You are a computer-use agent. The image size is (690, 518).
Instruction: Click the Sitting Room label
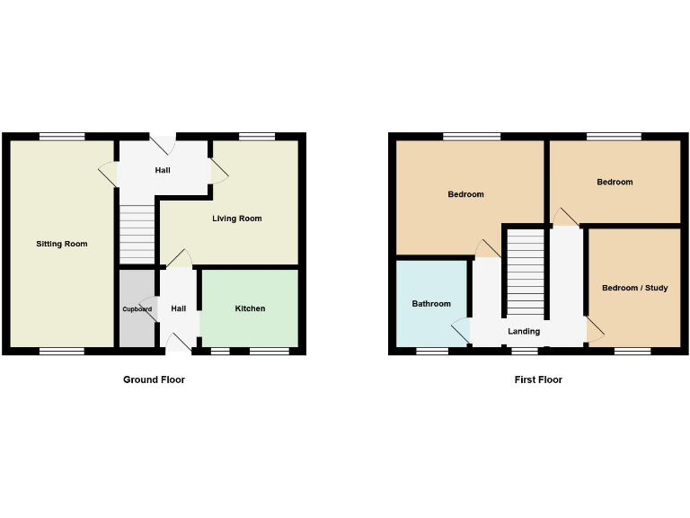click(x=62, y=244)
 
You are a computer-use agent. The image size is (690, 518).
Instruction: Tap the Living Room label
click(x=237, y=219)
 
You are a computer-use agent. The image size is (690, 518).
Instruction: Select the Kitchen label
click(x=250, y=308)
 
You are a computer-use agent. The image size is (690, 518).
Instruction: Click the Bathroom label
click(x=431, y=304)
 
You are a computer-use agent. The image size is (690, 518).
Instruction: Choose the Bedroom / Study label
click(x=634, y=288)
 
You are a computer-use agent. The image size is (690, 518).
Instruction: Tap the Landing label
click(x=524, y=331)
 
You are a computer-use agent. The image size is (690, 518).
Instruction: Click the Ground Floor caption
click(x=154, y=380)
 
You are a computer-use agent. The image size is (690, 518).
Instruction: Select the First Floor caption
click(x=538, y=380)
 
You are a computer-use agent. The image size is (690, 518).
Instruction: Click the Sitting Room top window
click(x=62, y=137)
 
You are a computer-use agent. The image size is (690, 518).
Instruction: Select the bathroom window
click(x=432, y=352)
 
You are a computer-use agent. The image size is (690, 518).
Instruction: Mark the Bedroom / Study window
click(x=632, y=352)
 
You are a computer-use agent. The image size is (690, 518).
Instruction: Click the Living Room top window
click(x=257, y=137)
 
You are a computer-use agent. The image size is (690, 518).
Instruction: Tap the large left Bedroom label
click(x=466, y=194)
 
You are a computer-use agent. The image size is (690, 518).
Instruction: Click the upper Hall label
click(x=163, y=170)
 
